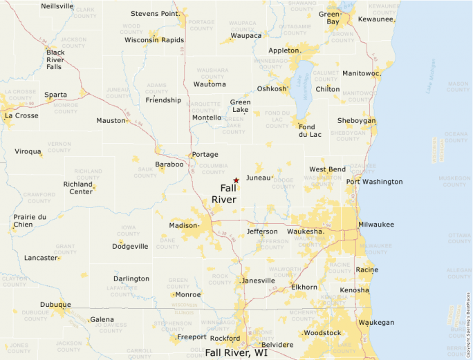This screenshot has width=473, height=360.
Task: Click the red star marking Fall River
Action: tap(236, 180)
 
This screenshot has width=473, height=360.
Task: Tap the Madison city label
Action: tap(183, 225)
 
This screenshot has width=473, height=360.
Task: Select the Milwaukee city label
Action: tap(376, 225)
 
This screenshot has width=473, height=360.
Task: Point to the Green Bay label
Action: tap(329, 18)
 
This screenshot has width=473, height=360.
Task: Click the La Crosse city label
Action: tap(21, 115)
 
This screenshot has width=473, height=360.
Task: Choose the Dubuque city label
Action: tap(55, 304)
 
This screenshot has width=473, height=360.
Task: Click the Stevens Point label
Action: tap(155, 13)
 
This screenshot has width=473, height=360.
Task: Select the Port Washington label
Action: tap(374, 182)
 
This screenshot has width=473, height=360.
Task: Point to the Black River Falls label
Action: tap(55, 59)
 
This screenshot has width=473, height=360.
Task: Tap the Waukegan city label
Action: tap(376, 323)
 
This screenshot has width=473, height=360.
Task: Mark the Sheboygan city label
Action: tap(356, 120)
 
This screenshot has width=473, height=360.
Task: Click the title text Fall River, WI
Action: tap(236, 352)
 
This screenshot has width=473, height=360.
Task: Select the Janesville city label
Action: tap(258, 281)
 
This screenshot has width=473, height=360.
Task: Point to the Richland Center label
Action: tap(78, 188)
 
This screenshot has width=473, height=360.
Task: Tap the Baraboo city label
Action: tap(169, 164)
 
